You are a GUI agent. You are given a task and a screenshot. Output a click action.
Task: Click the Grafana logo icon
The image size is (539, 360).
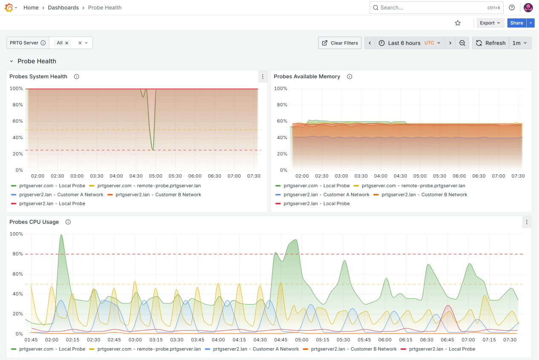pyautogui.click(x=9, y=8)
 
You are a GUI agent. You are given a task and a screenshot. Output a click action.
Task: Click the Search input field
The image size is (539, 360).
pyautogui.click(x=430, y=8)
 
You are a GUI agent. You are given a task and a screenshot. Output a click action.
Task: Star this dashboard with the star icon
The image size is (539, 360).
pyautogui.click(x=458, y=23)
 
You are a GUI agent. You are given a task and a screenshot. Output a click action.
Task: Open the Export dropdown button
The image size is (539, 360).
pyautogui.click(x=490, y=23)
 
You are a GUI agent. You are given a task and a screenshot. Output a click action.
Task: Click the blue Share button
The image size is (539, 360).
pyautogui.click(x=516, y=23)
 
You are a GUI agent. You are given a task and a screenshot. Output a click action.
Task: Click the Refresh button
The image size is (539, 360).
pyautogui.click(x=490, y=43)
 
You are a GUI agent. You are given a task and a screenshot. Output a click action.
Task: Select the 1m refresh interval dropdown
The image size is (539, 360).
pyautogui.click(x=520, y=43)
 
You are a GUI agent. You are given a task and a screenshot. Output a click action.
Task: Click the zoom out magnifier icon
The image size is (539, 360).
pyautogui.click(x=462, y=43)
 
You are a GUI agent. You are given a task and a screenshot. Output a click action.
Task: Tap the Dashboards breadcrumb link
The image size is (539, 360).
pyautogui.click(x=63, y=8)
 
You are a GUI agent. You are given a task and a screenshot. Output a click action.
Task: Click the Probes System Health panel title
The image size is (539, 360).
pyautogui.click(x=38, y=77)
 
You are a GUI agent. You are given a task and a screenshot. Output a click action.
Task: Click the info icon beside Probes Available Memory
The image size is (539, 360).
pyautogui.click(x=350, y=77)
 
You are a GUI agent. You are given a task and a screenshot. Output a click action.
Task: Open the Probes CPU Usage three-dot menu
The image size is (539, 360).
pyautogui.click(x=527, y=222)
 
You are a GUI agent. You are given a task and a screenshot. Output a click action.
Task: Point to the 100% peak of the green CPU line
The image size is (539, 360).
pyautogui.click(x=61, y=235)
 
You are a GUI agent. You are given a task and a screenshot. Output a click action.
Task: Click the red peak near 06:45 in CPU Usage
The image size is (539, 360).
pyautogui.click(x=447, y=305)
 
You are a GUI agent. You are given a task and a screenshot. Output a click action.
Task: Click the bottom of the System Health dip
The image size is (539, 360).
pyautogui.click(x=153, y=150)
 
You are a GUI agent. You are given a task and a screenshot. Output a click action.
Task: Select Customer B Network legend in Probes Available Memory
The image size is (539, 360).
pyautogui.click(x=424, y=195)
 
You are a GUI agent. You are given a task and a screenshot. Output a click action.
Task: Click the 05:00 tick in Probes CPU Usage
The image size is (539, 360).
pyautogui.click(x=302, y=340)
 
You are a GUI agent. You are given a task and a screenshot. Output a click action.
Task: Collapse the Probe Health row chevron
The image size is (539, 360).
pyautogui.click(x=11, y=61)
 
